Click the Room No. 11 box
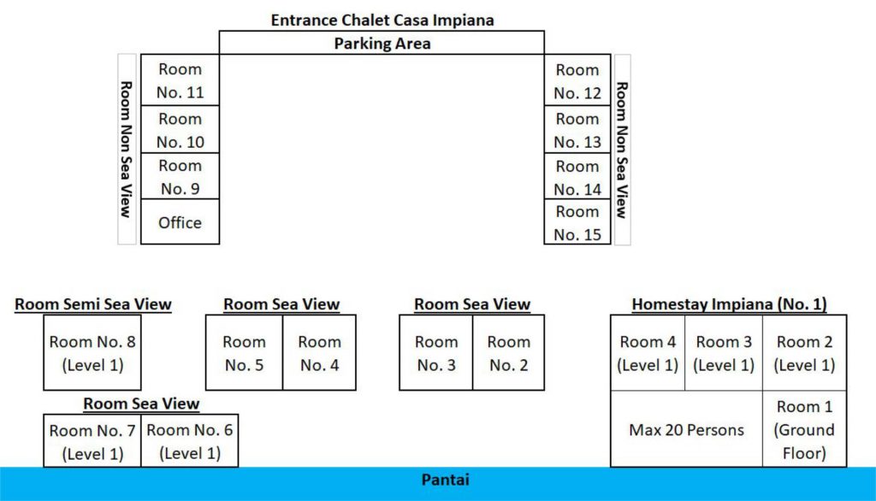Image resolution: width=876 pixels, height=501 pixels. click(180, 80)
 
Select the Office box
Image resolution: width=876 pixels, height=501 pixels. click(180, 222)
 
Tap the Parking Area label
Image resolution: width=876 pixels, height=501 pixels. click(382, 44)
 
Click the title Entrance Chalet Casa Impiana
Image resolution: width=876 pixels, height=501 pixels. click(382, 20)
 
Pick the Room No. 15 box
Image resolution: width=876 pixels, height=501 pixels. click(577, 222)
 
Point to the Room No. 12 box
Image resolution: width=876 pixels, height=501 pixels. click(577, 80)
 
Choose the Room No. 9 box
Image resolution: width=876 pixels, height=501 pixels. click(180, 176)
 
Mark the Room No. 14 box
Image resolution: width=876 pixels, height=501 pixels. click(577, 176)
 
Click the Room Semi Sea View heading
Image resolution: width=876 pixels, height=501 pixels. click(93, 304)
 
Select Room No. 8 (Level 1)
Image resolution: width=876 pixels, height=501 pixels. click(92, 352)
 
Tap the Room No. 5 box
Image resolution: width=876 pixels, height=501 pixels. click(244, 352)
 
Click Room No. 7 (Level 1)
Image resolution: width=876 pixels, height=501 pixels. click(92, 441)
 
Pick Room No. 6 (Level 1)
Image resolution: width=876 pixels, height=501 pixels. click(189, 441)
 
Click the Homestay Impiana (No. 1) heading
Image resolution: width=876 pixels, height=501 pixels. click(729, 304)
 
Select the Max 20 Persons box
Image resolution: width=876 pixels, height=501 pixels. click(686, 429)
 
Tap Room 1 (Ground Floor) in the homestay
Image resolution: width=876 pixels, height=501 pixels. click(804, 429)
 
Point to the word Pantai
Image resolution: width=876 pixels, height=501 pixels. click(445, 480)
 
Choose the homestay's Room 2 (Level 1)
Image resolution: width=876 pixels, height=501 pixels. click(804, 352)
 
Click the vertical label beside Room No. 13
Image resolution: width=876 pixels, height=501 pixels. click(622, 150)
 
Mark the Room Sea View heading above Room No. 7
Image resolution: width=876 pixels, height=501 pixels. click(141, 404)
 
